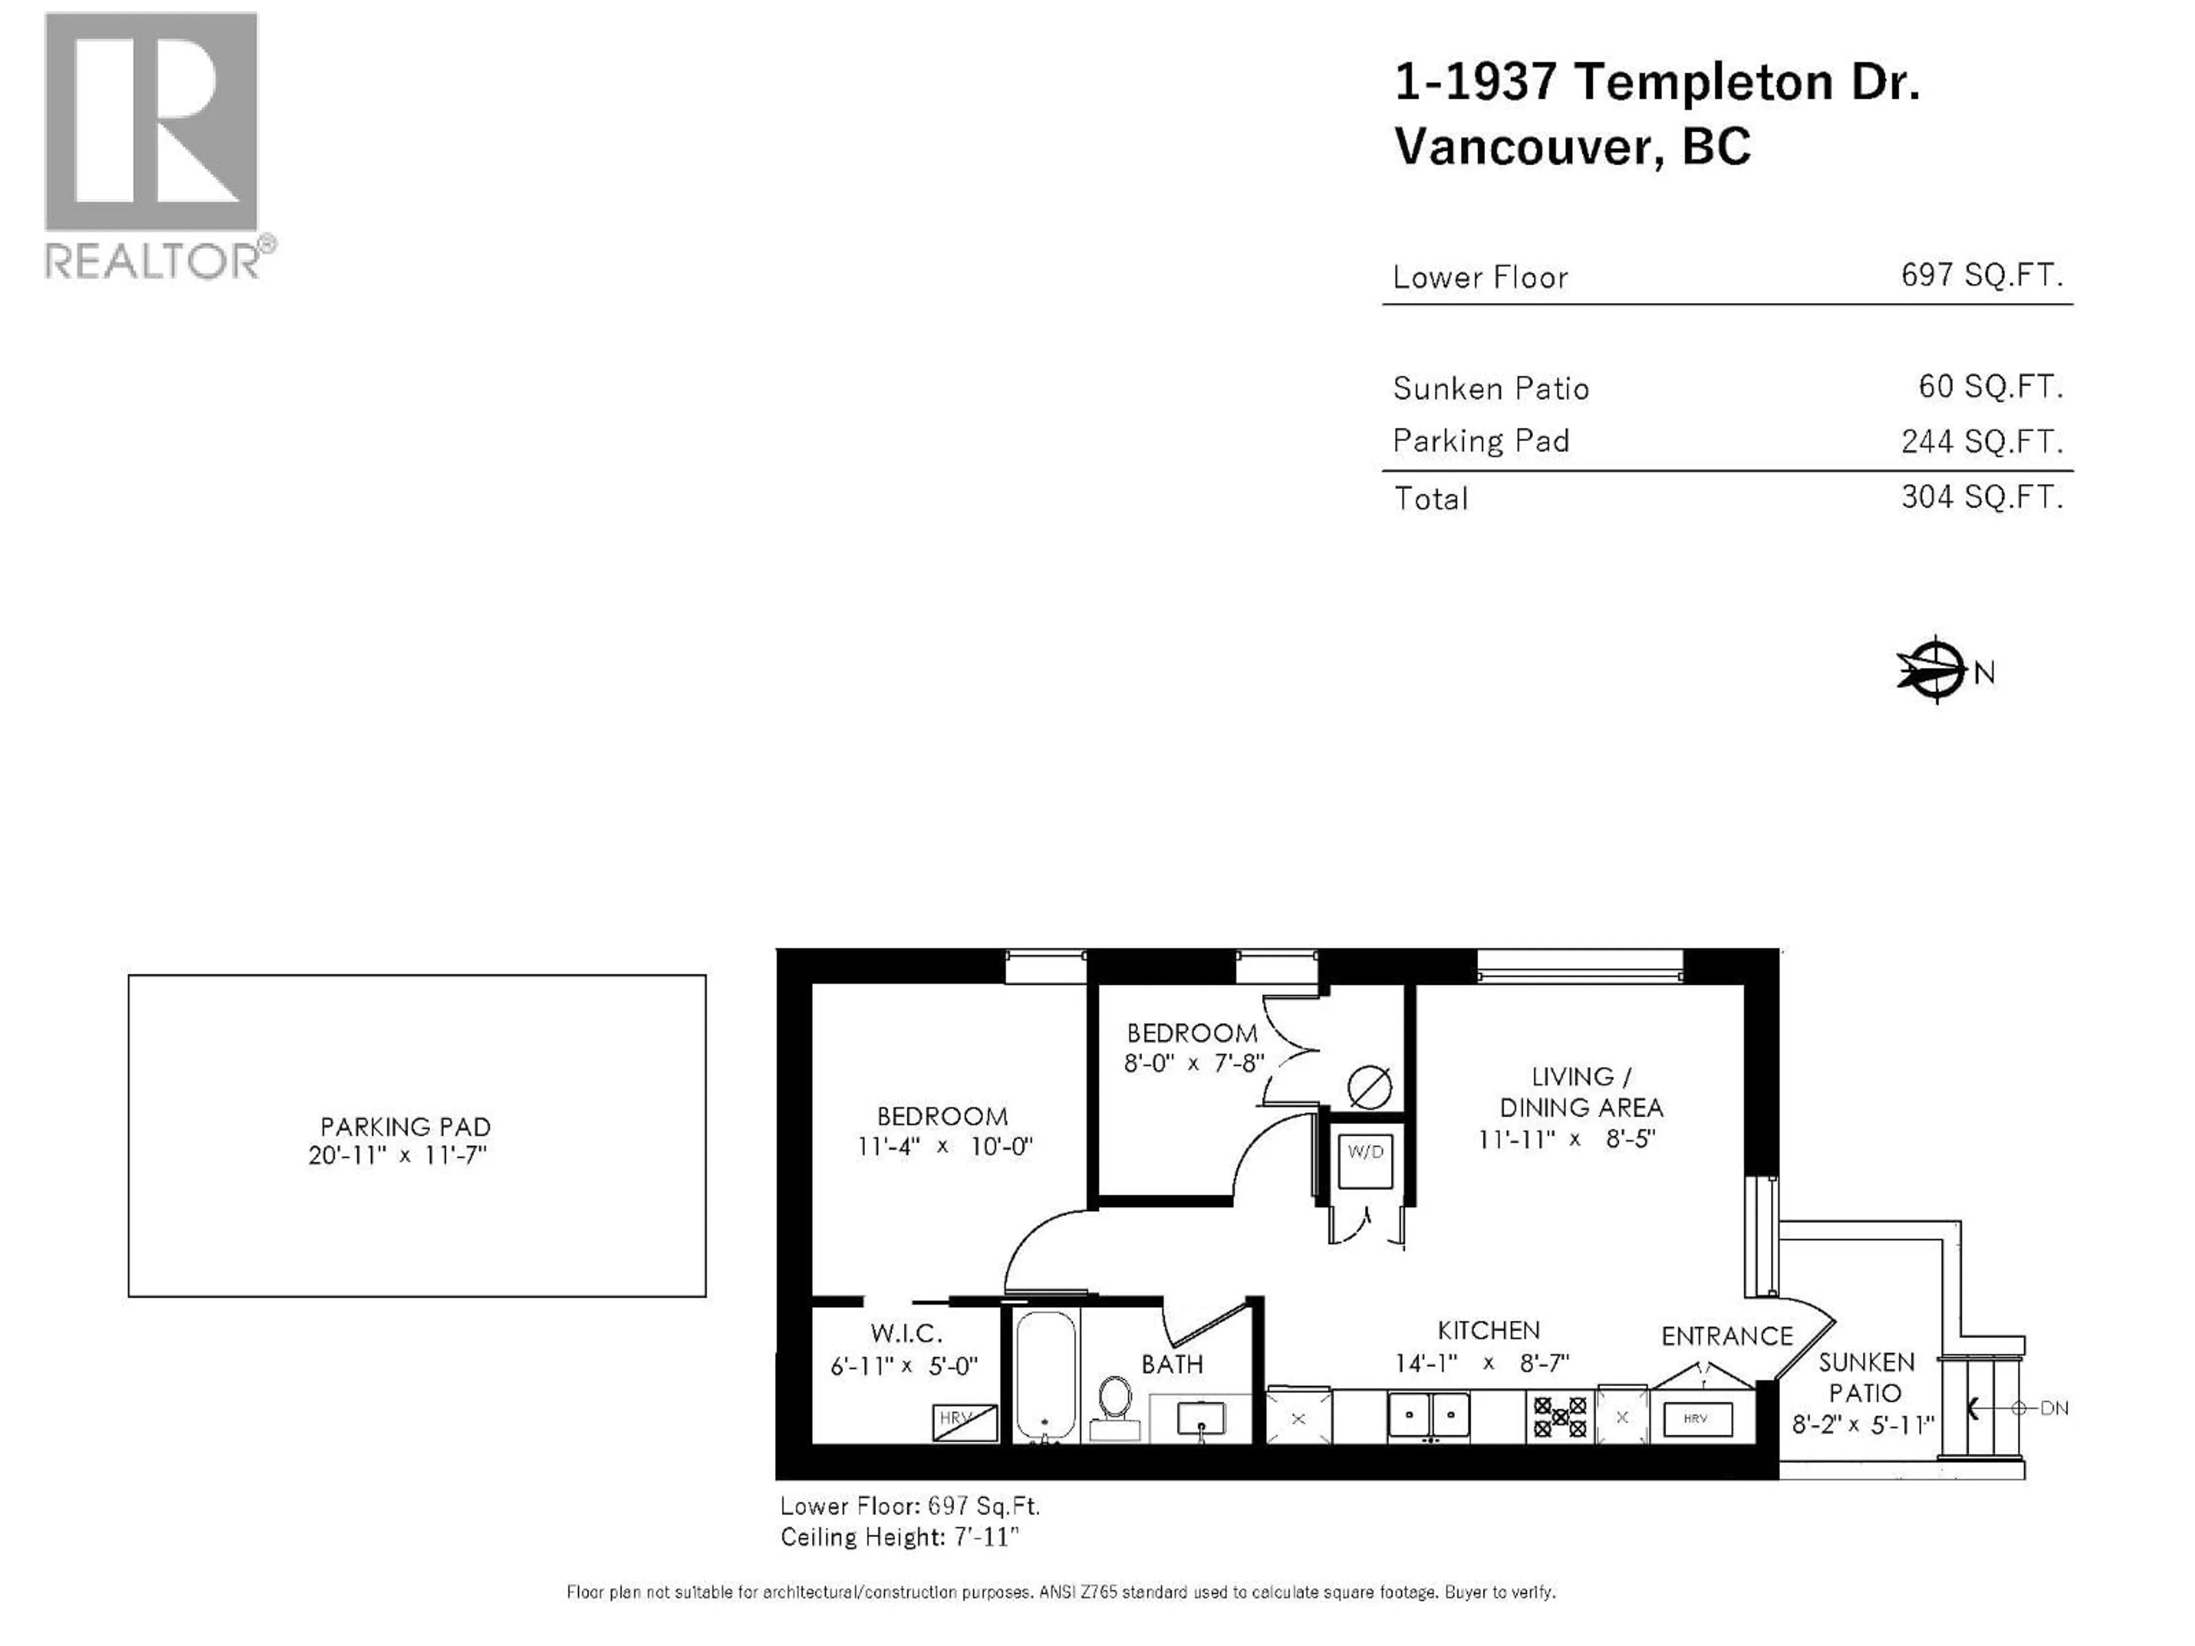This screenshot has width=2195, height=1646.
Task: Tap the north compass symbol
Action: point(1935,671)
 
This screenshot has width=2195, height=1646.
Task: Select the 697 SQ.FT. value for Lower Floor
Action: point(1981,275)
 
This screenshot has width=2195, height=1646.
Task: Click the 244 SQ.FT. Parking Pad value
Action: point(1981,441)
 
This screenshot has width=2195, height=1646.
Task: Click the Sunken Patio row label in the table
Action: point(1490,388)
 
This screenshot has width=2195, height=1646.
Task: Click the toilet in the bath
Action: point(1115,1403)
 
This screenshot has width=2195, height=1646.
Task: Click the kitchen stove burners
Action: point(1560,1417)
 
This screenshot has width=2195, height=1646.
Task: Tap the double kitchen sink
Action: point(1428,1415)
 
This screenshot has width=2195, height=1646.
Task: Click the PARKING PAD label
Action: point(405,1127)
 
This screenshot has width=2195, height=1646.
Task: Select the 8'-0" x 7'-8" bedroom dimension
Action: point(1193,1062)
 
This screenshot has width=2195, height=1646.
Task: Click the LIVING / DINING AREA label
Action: point(1580,1092)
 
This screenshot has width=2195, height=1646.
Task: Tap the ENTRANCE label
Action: point(1727,1336)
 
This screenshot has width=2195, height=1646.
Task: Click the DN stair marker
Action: point(2052,1408)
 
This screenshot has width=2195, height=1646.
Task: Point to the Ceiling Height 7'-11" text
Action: point(899,1537)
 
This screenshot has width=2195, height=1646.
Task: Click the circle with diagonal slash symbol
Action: point(1370,1088)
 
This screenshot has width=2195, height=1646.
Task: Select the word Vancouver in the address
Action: point(1524,147)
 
